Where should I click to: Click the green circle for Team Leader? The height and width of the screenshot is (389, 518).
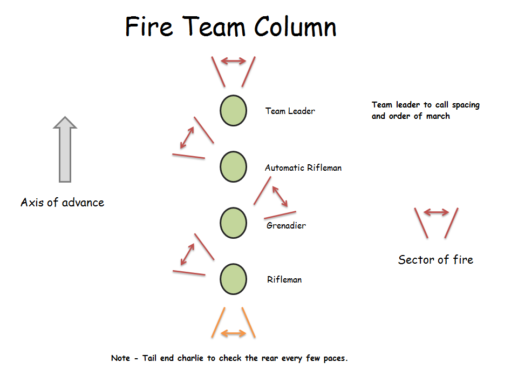click(233, 110)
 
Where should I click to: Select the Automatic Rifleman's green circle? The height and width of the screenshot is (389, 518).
click(233, 166)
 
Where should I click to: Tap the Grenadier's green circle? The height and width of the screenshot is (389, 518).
click(233, 223)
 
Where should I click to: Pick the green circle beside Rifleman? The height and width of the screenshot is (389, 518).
click(233, 279)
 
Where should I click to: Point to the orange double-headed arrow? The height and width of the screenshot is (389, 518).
click(233, 334)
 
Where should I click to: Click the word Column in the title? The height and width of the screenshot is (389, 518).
click(296, 27)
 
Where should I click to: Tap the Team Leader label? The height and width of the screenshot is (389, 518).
click(290, 111)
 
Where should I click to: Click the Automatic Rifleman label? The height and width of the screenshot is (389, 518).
click(303, 167)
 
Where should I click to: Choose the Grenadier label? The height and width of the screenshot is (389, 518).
click(286, 225)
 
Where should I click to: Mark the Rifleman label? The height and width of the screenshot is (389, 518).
click(284, 280)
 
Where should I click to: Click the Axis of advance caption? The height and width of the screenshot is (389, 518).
click(62, 203)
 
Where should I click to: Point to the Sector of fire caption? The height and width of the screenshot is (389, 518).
click(435, 260)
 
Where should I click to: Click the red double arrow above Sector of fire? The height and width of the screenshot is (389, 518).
click(436, 212)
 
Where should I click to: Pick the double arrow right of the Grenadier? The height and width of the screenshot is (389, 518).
click(280, 196)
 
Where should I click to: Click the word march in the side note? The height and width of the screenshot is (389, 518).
click(437, 116)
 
